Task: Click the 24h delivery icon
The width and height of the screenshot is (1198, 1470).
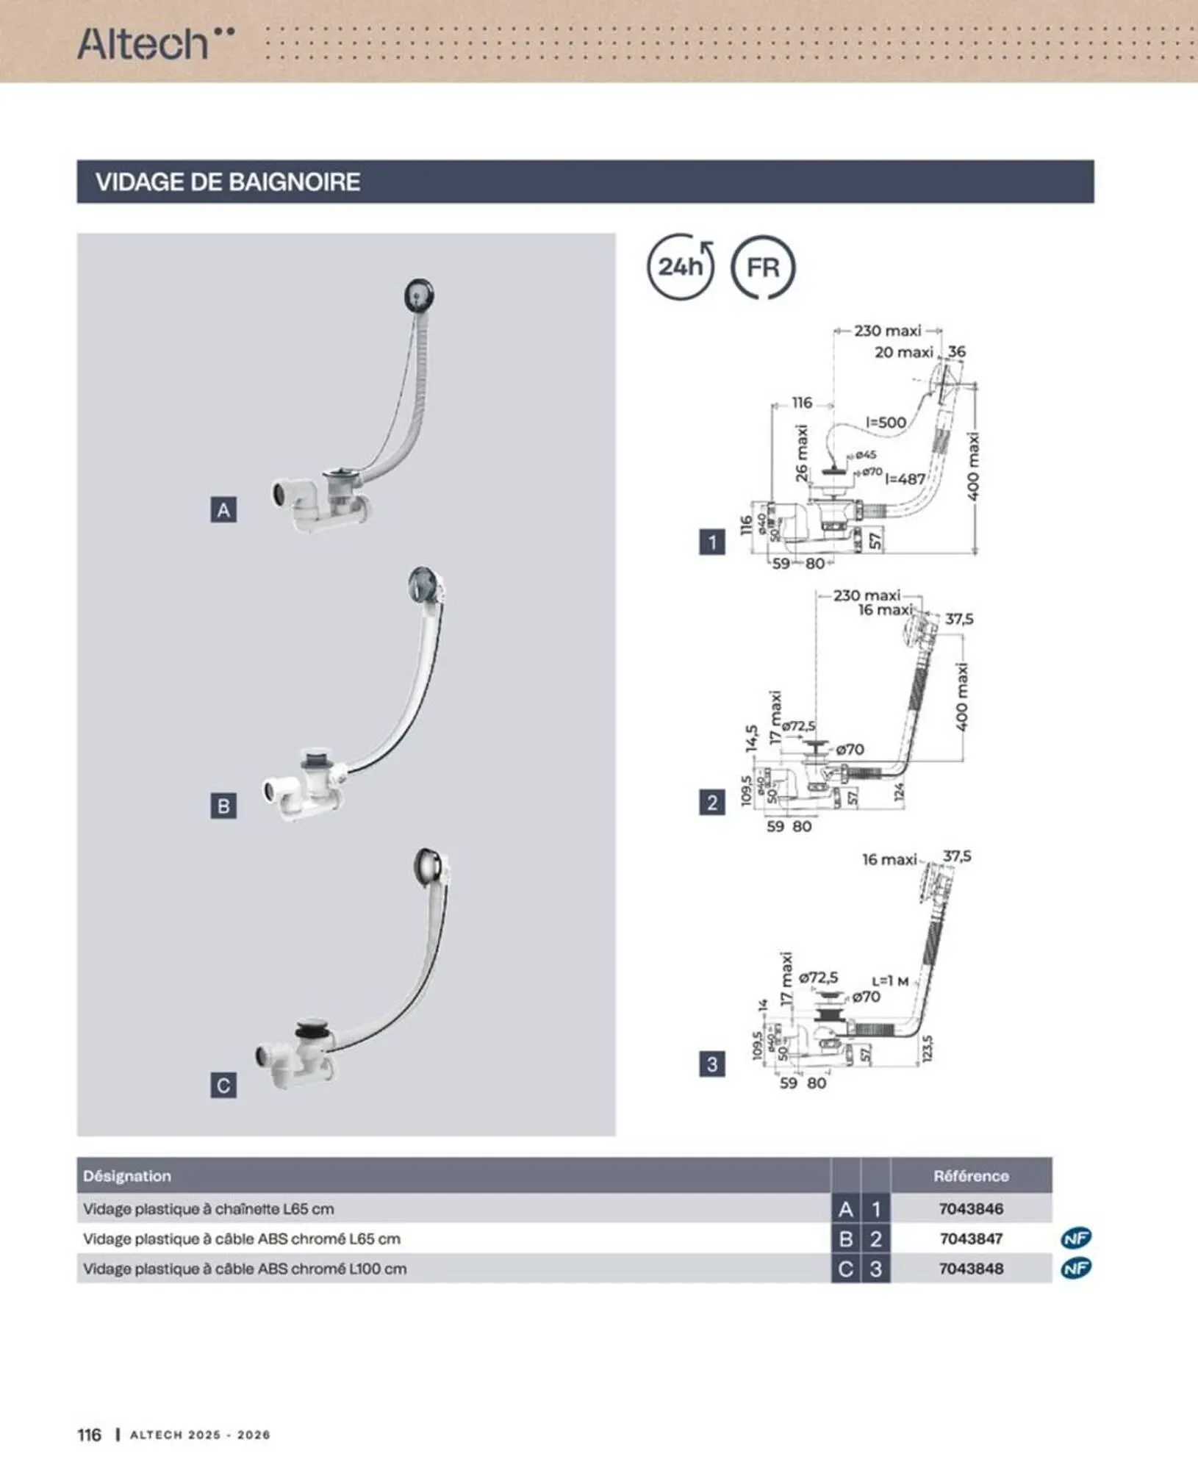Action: (x=680, y=267)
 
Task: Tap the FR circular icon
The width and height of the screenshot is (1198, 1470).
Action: (x=763, y=267)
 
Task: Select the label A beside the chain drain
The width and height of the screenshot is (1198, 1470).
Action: (x=223, y=510)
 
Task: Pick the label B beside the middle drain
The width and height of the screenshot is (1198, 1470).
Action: (x=223, y=806)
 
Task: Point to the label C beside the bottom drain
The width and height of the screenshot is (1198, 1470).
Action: (x=223, y=1085)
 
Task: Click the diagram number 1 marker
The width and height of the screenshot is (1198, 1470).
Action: (x=711, y=543)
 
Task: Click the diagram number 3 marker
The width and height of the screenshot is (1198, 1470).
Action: (x=711, y=1064)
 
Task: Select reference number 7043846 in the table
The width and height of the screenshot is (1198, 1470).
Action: (x=970, y=1208)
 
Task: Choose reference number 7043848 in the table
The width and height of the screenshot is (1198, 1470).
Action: (x=970, y=1269)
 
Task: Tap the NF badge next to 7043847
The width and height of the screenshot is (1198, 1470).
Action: (x=1076, y=1238)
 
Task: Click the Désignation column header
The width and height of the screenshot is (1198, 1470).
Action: (x=127, y=1175)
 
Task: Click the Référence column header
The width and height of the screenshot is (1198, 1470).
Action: (x=970, y=1175)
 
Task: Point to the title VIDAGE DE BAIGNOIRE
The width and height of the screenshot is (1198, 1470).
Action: (x=228, y=182)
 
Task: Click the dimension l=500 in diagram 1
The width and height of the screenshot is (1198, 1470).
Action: (x=886, y=422)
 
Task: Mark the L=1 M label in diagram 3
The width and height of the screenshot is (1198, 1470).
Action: (x=890, y=980)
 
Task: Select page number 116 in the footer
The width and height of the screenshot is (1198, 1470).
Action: (x=89, y=1434)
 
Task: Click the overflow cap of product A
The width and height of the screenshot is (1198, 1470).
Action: (x=419, y=295)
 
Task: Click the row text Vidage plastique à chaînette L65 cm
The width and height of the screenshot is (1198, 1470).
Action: (x=208, y=1208)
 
